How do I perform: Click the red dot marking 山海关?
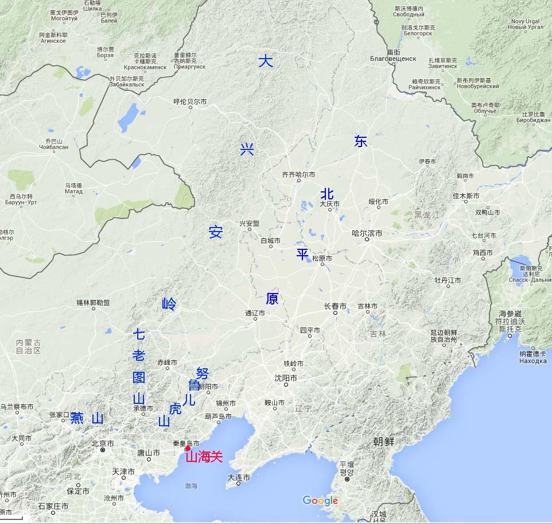tap(187, 449)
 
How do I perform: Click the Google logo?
tap(320, 501)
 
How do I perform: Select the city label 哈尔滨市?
tap(367, 233)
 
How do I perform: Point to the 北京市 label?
tap(103, 444)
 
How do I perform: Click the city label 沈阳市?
tap(286, 378)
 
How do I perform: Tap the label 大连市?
tap(239, 477)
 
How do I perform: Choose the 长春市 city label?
tap(335, 306)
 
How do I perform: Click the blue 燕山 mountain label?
tap(87, 418)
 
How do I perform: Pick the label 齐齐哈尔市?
tap(298, 174)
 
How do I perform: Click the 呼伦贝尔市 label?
tap(190, 102)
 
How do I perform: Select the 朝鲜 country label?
tap(383, 442)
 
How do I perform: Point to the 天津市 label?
tap(123, 471)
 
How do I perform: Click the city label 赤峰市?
tap(168, 363)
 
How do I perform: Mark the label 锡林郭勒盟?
tap(93, 303)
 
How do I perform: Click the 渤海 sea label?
tap(191, 486)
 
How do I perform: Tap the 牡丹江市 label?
tap(448, 280)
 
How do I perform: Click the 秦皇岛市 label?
tap(186, 443)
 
